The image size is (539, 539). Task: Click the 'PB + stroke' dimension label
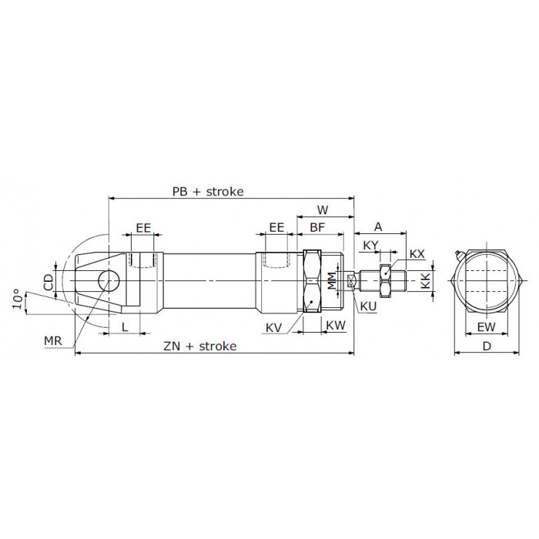pyautogui.click(x=208, y=192)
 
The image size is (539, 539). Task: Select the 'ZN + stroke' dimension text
pyautogui.click(x=200, y=346)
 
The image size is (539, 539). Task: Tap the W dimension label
pyautogui.click(x=323, y=209)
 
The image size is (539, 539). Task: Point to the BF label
pyautogui.click(x=317, y=227)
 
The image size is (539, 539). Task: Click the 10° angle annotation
pyautogui.click(x=18, y=299)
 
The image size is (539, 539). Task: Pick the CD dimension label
pyautogui.click(x=49, y=282)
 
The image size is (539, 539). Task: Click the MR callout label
pyautogui.click(x=52, y=341)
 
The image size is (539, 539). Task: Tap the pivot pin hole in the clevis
pyautogui.click(x=109, y=281)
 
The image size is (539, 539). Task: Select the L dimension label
pyautogui.click(x=125, y=326)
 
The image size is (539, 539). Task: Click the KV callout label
pyautogui.click(x=273, y=328)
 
